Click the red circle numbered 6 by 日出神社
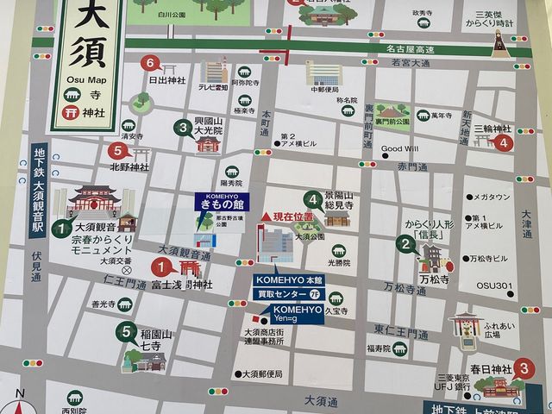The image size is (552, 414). (x=151, y=62)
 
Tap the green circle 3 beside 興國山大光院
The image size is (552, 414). (x=182, y=129)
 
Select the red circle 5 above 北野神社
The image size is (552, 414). (x=118, y=150)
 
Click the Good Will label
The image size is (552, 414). (x=398, y=148)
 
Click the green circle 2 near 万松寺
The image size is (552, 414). (x=404, y=243)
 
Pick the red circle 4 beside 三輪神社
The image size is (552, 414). (x=504, y=143)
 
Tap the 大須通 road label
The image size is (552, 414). (x=320, y=402)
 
